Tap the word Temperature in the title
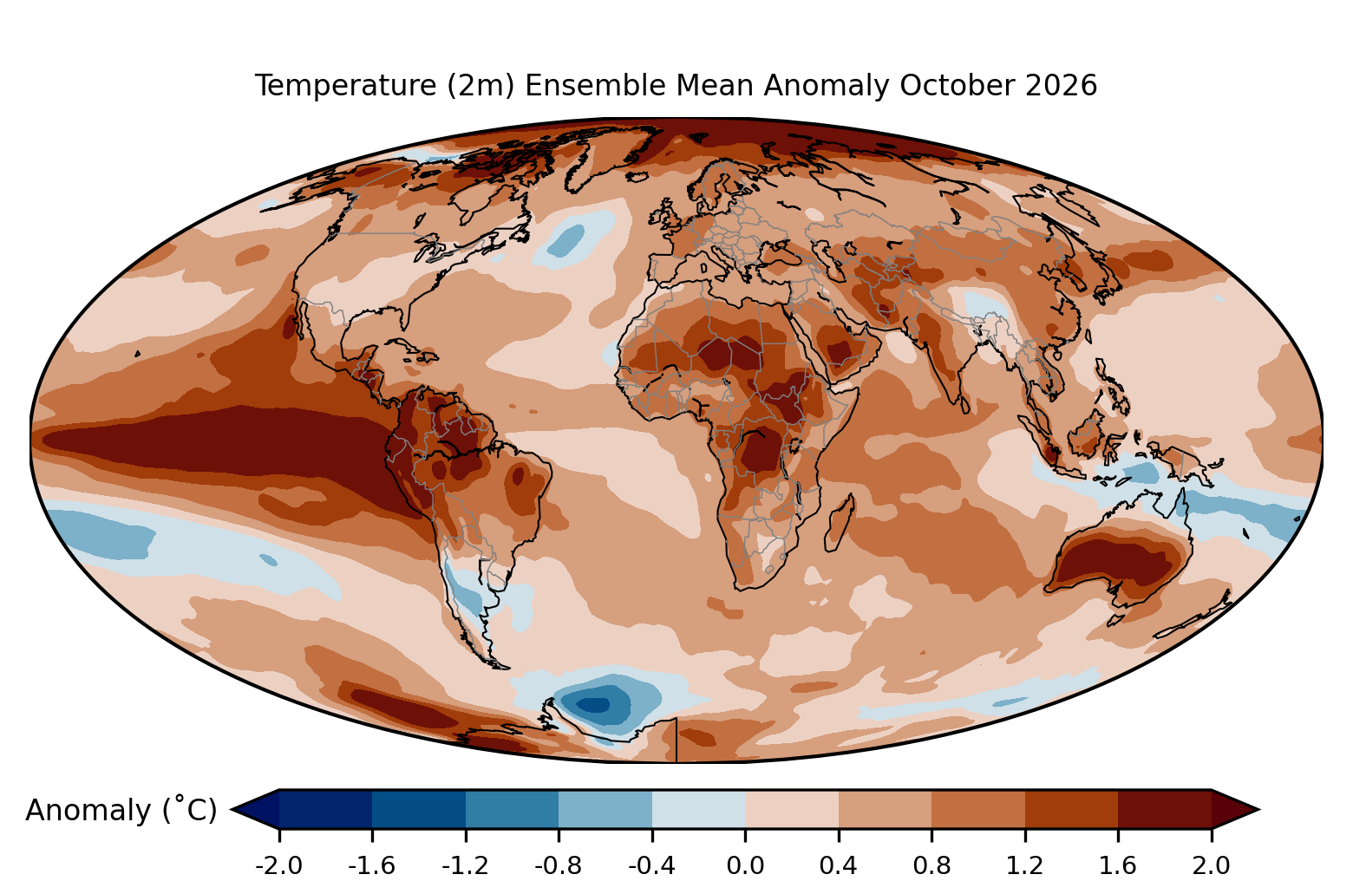345,87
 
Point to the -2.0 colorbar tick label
278,865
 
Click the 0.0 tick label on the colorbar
745,865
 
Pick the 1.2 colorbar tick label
1025,865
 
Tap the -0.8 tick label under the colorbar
559,865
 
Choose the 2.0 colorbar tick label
1211,865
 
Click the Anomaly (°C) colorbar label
121,809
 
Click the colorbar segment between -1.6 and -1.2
419,809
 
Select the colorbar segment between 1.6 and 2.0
1165,809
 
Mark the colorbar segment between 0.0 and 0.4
792,809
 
